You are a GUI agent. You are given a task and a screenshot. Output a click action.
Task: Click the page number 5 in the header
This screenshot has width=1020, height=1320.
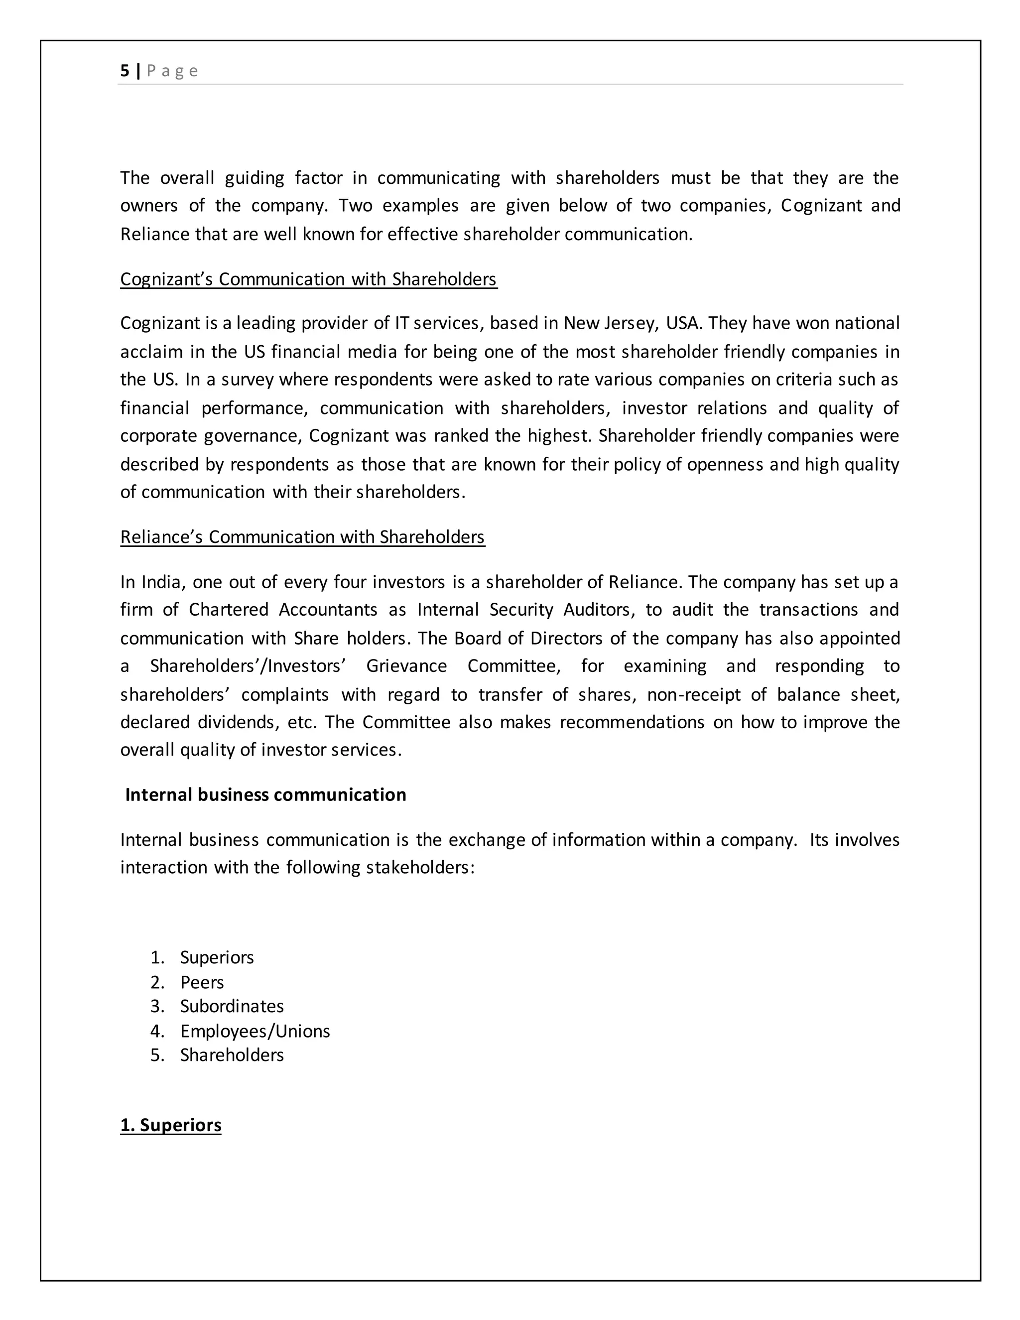(x=125, y=71)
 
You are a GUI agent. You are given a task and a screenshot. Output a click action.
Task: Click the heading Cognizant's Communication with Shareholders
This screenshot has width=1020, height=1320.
(x=308, y=279)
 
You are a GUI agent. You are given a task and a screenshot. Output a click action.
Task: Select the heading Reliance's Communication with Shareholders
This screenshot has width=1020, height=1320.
(x=302, y=536)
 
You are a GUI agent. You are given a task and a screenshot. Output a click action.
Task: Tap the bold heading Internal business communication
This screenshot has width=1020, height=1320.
(x=265, y=794)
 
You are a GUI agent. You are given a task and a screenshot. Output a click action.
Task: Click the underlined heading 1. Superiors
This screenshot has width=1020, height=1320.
(x=170, y=1125)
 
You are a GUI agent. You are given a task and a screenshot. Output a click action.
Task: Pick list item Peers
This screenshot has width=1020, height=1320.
(x=202, y=982)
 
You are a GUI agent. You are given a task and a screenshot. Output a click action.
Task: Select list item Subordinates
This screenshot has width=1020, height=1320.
(x=232, y=1006)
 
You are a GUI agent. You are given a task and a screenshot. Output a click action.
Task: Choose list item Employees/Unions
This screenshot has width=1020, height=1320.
(x=255, y=1031)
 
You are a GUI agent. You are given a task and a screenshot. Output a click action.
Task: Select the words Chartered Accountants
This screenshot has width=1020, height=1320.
(x=283, y=610)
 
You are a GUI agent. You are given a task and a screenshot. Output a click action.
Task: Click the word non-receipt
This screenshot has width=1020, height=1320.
(x=694, y=694)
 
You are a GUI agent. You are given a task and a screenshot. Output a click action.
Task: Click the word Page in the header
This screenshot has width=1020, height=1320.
(x=172, y=71)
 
